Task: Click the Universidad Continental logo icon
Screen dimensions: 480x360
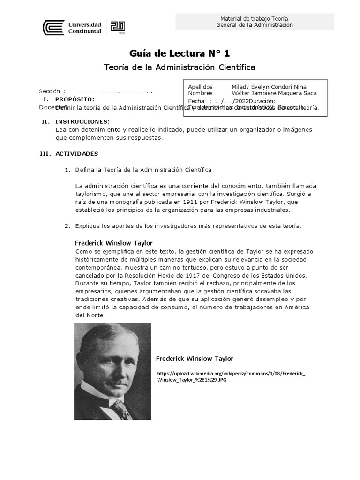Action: pos(53,28)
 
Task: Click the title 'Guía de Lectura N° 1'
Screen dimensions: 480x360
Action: pos(180,53)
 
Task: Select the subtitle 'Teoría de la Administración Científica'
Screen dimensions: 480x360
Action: pos(180,67)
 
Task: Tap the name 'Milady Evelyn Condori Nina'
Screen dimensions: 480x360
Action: pos(270,87)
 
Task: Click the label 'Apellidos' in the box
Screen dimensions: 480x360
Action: pos(200,87)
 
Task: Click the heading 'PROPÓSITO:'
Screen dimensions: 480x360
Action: pos(75,99)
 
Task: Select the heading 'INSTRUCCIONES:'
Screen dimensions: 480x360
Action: pos(82,121)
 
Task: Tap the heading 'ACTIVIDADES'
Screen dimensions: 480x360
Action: pos(76,154)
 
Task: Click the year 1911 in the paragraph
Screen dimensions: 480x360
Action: pos(178,202)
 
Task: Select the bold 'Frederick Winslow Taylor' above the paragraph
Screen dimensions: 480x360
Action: pos(114,243)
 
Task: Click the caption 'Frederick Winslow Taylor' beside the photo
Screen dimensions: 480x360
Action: pos(195,359)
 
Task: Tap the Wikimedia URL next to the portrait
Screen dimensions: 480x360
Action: pos(231,376)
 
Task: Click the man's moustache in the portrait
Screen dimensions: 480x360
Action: pos(110,375)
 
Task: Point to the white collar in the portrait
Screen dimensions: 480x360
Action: pos(93,390)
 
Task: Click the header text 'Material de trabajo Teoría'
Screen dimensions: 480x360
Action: pos(254,18)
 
